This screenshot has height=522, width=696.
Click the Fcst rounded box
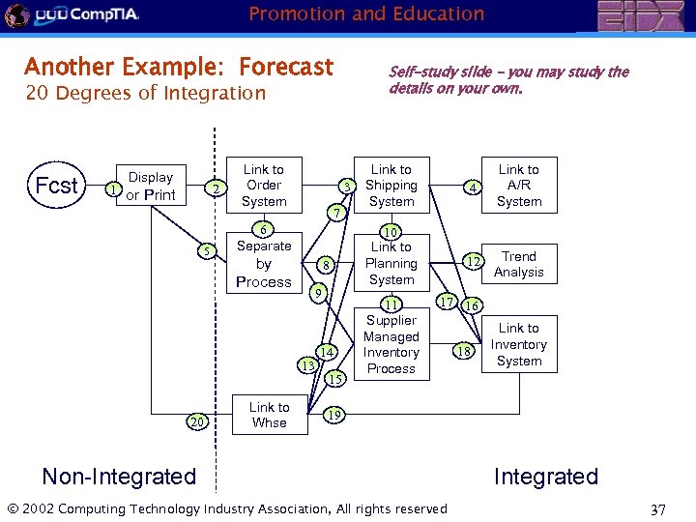pyautogui.click(x=56, y=186)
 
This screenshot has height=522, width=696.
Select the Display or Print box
pyautogui.click(x=151, y=186)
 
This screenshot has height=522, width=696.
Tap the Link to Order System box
pyautogui.click(x=264, y=186)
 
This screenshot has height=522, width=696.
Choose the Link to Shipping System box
pyautogui.click(x=391, y=186)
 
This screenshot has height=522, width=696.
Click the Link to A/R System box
pyautogui.click(x=519, y=186)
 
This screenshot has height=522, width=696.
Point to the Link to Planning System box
pyautogui.click(x=391, y=264)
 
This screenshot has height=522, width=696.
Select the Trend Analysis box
pyautogui.click(x=519, y=264)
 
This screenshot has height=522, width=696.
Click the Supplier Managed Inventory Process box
pyautogui.click(x=391, y=344)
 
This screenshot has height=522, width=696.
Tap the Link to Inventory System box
pyautogui.click(x=519, y=345)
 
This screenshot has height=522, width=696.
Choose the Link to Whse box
pyautogui.click(x=269, y=415)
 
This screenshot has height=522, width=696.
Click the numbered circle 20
pyautogui.click(x=198, y=422)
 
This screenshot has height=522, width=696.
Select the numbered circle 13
pyautogui.click(x=307, y=366)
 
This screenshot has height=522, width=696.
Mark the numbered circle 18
pyautogui.click(x=464, y=352)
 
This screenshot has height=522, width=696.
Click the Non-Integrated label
pyautogui.click(x=119, y=477)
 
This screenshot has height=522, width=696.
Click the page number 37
pyautogui.click(x=658, y=509)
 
